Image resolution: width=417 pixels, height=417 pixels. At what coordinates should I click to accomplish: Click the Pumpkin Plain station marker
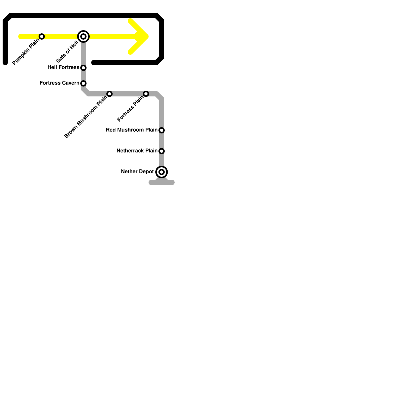pos(42,36)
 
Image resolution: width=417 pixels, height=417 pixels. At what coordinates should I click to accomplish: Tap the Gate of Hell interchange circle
pos(83,36)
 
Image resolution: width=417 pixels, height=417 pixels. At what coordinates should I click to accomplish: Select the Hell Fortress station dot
pos(83,68)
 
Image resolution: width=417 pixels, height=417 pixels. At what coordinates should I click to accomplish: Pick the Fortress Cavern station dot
pos(83,83)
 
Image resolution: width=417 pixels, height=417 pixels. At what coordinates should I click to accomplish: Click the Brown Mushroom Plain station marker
pos(109,94)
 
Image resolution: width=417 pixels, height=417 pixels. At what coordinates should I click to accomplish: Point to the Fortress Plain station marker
pos(146,94)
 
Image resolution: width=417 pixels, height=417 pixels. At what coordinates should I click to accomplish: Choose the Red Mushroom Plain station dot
pos(162,130)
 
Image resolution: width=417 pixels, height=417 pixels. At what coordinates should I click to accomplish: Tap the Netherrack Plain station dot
pos(162,151)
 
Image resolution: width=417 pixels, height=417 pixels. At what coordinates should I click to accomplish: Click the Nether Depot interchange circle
pos(162,172)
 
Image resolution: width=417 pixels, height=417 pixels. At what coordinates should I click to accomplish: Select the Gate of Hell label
pos(67,52)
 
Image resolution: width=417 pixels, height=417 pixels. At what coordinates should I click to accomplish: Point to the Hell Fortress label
pos(63,68)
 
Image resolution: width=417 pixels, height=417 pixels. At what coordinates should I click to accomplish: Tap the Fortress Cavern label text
pos(59,83)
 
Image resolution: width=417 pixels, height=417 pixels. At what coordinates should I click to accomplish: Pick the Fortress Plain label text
pos(131,109)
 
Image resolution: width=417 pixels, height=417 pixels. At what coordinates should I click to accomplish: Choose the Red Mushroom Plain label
pos(132,130)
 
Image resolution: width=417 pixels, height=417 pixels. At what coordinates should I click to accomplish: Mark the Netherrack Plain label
pos(137,151)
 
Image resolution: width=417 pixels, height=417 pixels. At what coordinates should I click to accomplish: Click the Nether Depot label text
pos(137,172)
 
